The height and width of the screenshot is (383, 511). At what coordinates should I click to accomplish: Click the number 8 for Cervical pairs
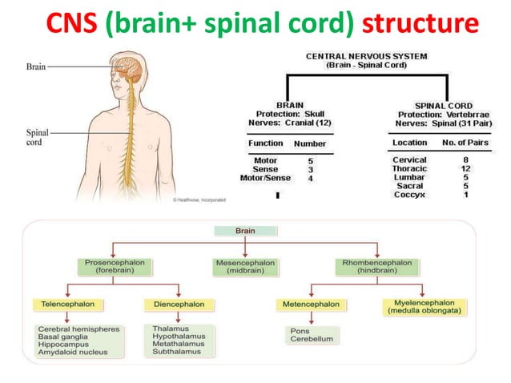coord(465,160)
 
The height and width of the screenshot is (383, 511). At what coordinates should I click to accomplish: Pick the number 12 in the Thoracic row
coord(465,169)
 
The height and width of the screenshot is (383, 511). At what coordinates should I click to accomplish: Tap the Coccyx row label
coord(409,195)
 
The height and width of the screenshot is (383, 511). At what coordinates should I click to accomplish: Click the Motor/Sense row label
coord(265,179)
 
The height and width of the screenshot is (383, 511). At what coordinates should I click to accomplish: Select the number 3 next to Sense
coord(311,170)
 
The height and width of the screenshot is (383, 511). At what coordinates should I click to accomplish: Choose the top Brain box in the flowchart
coord(245,231)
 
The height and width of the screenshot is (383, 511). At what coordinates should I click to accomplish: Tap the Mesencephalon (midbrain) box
coord(245,266)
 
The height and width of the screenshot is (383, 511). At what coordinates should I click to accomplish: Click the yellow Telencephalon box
coord(64,304)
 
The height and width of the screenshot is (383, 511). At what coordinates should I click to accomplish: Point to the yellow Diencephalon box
coord(179,304)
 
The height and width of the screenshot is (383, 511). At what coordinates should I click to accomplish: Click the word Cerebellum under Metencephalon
coord(306,338)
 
